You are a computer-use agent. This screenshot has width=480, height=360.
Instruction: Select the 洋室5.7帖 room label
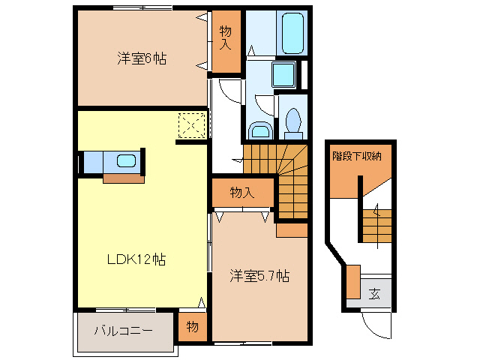pyautogui.click(x=259, y=276)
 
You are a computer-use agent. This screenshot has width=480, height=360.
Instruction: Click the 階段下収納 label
pyautogui.click(x=358, y=157)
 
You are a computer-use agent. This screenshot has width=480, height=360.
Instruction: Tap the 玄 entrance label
pyautogui.click(x=373, y=293)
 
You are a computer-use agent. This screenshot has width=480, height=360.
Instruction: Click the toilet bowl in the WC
pyautogui.click(x=293, y=121)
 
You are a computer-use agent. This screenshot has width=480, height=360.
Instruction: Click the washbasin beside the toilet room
pyautogui.click(x=260, y=131)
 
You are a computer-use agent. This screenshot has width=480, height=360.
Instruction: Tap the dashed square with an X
pyautogui.click(x=191, y=125)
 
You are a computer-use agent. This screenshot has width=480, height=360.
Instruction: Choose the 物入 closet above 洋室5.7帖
pyautogui.click(x=241, y=193)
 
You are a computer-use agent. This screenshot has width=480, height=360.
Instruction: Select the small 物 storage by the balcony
pyautogui.click(x=193, y=328)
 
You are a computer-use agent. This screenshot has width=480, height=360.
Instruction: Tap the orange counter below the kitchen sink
pyautogui.click(x=123, y=178)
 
